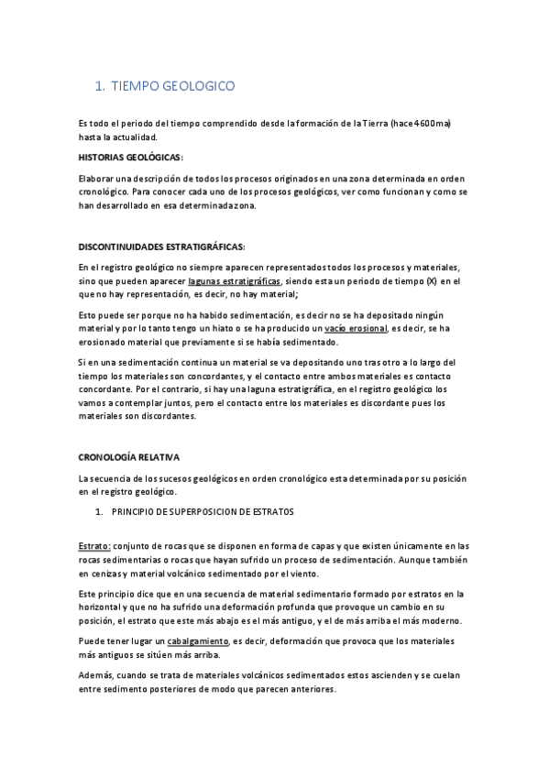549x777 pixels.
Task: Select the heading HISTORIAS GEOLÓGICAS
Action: pyautogui.click(x=131, y=158)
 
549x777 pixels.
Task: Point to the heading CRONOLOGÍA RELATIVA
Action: pyautogui.click(x=129, y=456)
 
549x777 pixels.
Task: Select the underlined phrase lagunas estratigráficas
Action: pyautogui.click(x=236, y=281)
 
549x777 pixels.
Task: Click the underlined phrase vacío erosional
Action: pyautogui.click(x=356, y=328)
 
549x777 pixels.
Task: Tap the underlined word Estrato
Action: pyautogui.click(x=94, y=546)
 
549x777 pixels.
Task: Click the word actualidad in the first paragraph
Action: pyautogui.click(x=138, y=137)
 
